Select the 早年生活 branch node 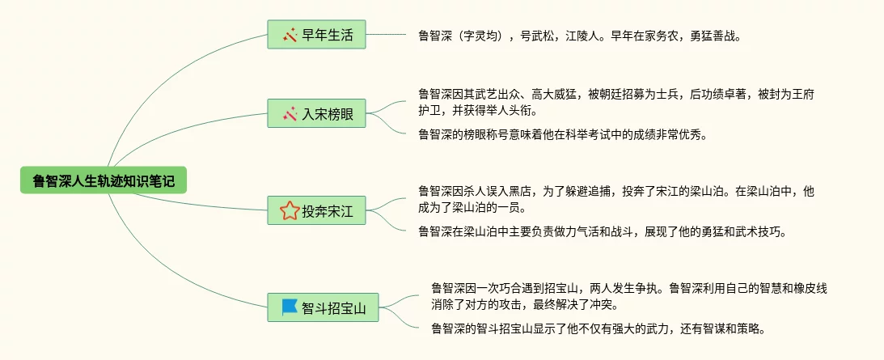(316, 35)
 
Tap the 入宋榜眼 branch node (316, 114)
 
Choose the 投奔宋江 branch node (316, 212)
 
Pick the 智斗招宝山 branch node (323, 307)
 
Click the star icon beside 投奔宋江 (289, 212)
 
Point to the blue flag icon (290, 307)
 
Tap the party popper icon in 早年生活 (290, 35)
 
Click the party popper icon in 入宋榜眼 (290, 114)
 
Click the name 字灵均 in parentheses (485, 36)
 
